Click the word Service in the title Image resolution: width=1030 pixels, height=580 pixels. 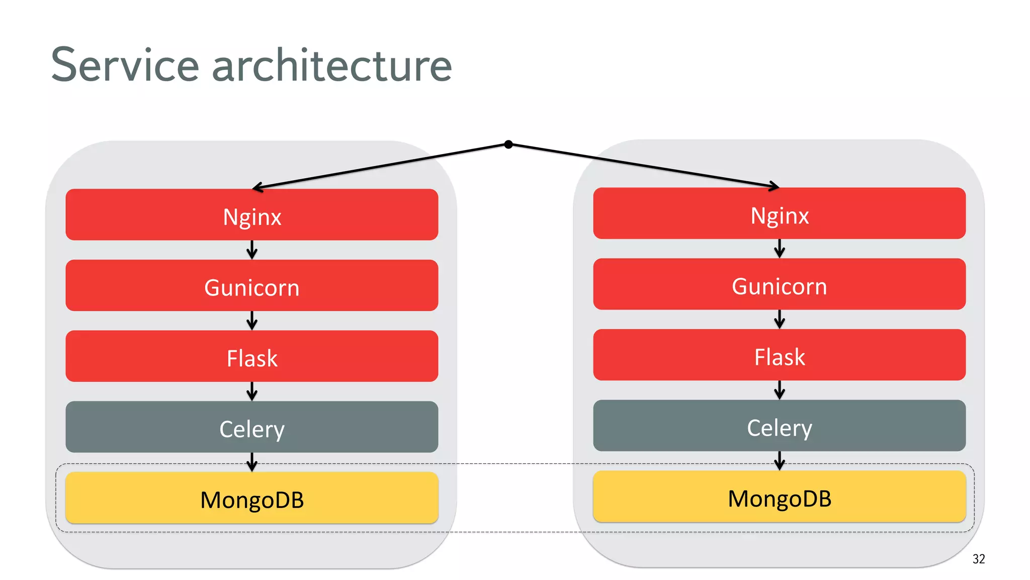(x=125, y=65)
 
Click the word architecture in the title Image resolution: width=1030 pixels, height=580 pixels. (x=332, y=65)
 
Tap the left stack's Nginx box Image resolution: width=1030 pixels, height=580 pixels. (x=251, y=215)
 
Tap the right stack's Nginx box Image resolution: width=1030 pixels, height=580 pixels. (x=779, y=213)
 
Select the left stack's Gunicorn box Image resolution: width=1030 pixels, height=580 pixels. (x=251, y=285)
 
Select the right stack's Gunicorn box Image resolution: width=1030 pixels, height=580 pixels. (x=779, y=284)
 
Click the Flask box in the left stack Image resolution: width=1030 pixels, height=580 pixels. (x=251, y=356)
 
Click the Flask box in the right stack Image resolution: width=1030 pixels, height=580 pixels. (x=779, y=355)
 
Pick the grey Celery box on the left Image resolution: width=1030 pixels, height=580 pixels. (x=251, y=427)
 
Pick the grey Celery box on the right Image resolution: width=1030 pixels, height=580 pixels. (x=779, y=426)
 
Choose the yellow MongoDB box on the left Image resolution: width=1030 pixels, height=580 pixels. (x=251, y=498)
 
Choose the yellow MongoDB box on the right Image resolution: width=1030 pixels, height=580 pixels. (x=779, y=496)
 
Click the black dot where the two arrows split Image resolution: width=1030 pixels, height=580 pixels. (x=508, y=144)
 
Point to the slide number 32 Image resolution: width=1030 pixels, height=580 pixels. (x=978, y=559)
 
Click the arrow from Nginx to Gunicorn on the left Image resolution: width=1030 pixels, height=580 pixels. (x=252, y=250)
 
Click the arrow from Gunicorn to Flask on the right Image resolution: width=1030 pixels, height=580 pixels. (x=780, y=319)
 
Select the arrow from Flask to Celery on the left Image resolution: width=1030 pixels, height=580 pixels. (x=252, y=391)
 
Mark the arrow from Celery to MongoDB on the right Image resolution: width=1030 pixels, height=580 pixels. (x=780, y=461)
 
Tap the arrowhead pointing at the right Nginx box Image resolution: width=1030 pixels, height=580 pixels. (x=774, y=186)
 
